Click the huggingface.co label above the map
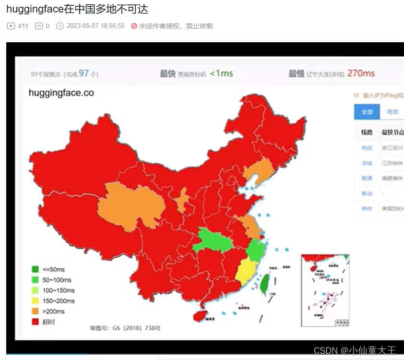[x=61, y=93]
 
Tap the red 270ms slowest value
[x=360, y=73]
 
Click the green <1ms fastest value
[x=221, y=73]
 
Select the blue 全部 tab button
[x=367, y=111]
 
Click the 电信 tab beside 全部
[x=392, y=111]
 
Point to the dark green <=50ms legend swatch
[x=35, y=269]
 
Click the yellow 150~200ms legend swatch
[x=35, y=301]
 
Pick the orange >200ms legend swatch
[x=35, y=312]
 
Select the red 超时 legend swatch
[x=35, y=322]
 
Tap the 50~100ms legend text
[x=57, y=280]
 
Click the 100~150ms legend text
[x=59, y=290]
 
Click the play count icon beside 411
[x=11, y=26]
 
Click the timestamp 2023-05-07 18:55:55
[x=95, y=26]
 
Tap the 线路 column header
[x=367, y=132]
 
